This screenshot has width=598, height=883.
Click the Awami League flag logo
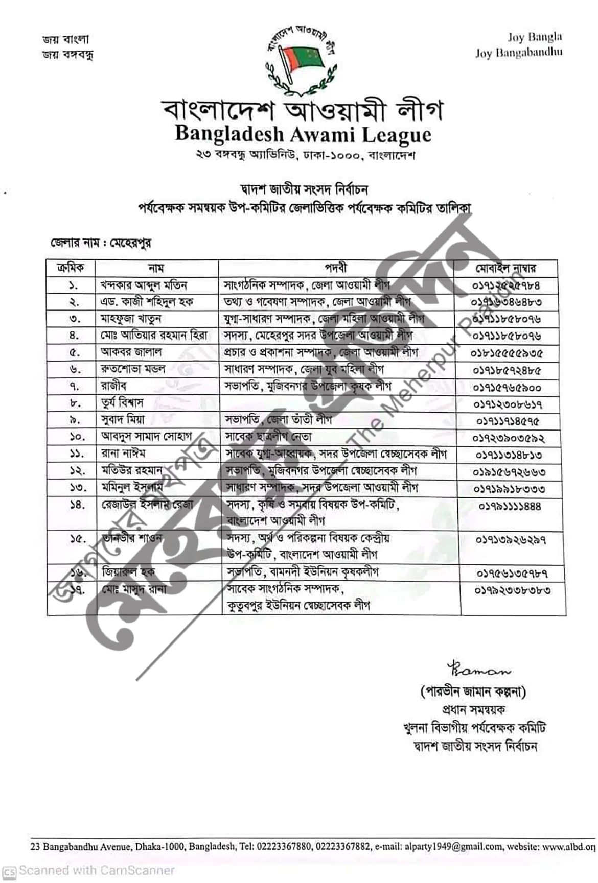tap(300, 60)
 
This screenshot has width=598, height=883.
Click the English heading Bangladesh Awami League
tap(303, 134)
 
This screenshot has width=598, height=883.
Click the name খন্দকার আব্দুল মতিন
tap(144, 285)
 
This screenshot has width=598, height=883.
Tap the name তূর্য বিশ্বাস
tap(122, 403)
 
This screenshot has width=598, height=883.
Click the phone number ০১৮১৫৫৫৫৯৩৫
tap(507, 353)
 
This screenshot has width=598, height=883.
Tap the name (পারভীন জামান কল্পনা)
tap(473, 692)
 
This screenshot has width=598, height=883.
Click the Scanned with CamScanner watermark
tap(90, 870)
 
